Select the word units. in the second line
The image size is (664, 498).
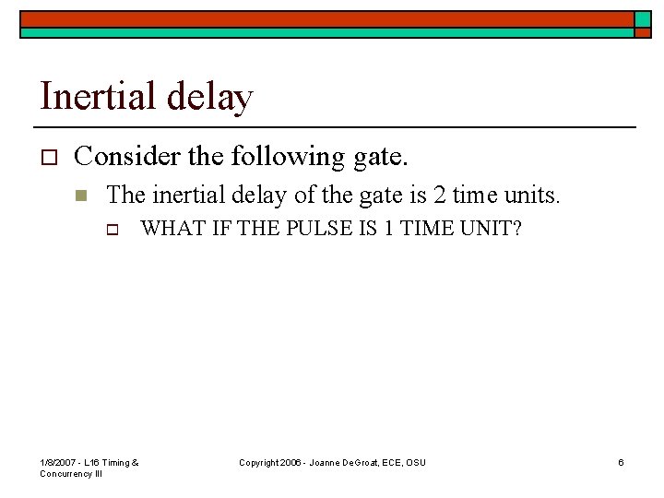[531, 194]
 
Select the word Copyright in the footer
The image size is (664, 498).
[259, 462]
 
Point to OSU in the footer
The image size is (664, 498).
[416, 462]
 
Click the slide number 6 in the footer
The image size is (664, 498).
[621, 462]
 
